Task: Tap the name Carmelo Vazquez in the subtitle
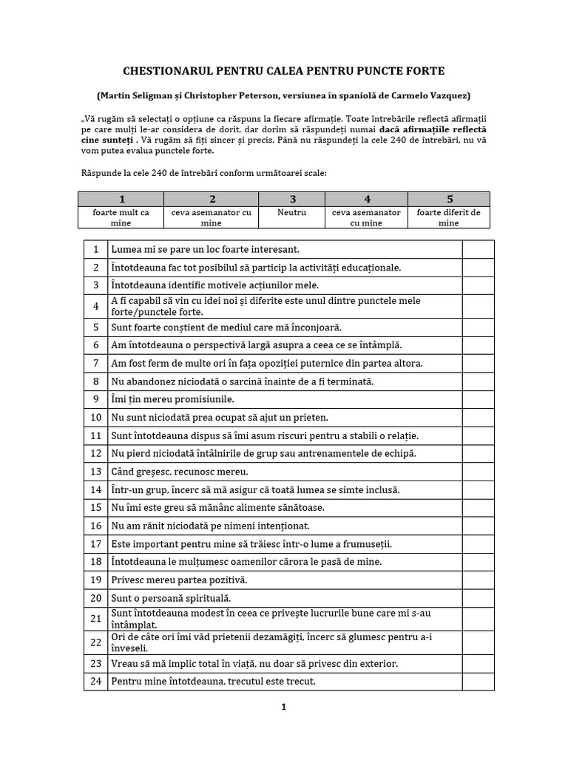click(x=430, y=96)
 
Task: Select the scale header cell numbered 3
click(x=293, y=199)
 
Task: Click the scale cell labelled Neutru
click(x=293, y=212)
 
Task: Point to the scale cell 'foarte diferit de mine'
click(x=448, y=217)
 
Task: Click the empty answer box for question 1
click(x=478, y=250)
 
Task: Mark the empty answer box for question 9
click(x=478, y=399)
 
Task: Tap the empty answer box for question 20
click(x=478, y=597)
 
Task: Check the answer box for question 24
click(x=478, y=682)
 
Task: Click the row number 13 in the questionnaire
click(x=95, y=472)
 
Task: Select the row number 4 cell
click(x=95, y=306)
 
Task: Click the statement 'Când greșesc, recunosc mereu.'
click(x=180, y=472)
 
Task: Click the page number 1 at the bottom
click(x=283, y=707)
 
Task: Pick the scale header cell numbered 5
click(x=449, y=199)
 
